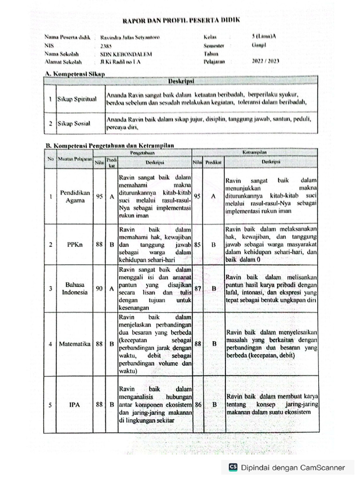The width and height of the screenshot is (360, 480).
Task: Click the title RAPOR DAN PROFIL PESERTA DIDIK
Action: tap(180, 21)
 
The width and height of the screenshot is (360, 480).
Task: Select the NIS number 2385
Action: tap(106, 45)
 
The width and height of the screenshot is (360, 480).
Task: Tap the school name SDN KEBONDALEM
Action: tap(120, 53)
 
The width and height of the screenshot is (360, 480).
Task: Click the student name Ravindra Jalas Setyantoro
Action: tap(126, 37)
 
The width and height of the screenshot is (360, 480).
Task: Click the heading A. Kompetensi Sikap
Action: tap(74, 74)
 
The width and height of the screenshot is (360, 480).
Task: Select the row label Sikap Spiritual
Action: tap(76, 99)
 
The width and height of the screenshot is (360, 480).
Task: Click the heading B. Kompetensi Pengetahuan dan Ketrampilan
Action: tap(109, 146)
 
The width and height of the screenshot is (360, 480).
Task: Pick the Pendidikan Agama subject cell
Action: tap(72, 196)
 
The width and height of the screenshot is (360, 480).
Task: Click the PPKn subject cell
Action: tap(72, 244)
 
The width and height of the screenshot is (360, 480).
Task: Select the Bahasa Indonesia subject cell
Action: tap(75, 288)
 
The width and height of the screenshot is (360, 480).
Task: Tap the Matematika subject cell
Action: tap(75, 344)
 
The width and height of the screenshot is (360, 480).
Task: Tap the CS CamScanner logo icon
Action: tap(233, 467)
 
